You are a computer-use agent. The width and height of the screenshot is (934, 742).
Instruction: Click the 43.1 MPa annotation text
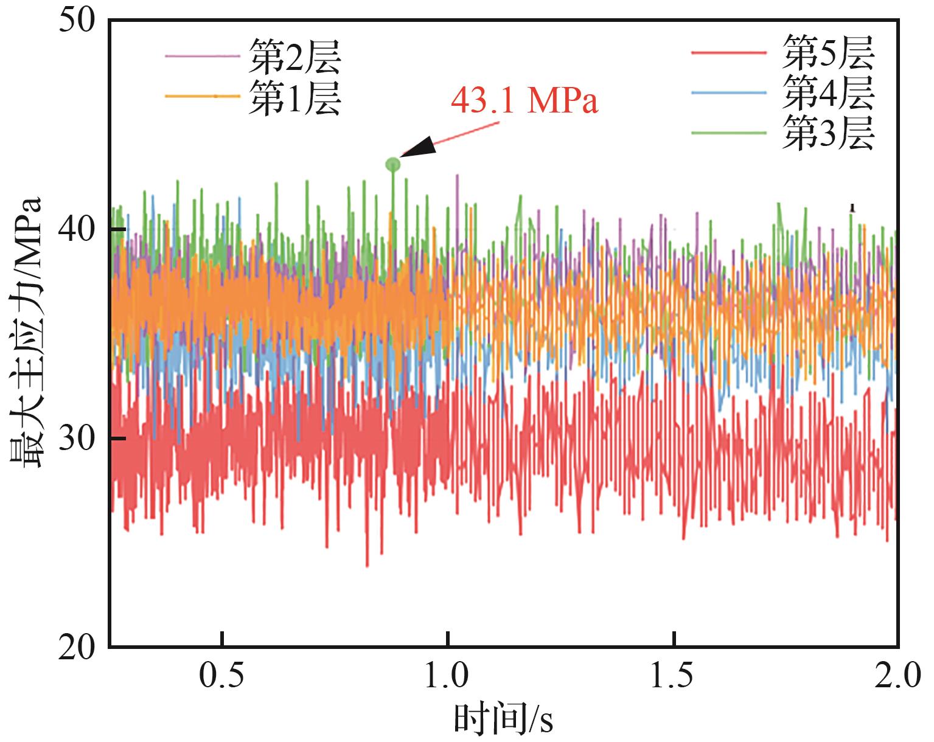click(525, 101)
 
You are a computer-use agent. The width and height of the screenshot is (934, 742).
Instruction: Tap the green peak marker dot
click(393, 164)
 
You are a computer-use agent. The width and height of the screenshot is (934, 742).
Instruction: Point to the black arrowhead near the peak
click(420, 147)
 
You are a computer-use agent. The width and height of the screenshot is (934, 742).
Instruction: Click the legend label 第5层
click(828, 53)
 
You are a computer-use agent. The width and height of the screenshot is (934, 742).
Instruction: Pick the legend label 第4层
click(828, 92)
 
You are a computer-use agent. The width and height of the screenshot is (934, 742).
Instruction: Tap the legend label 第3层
click(828, 133)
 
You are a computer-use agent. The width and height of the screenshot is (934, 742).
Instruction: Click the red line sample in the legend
click(728, 53)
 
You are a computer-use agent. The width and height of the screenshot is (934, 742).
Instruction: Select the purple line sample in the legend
click(202, 56)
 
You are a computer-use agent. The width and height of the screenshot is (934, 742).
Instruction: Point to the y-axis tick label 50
click(77, 21)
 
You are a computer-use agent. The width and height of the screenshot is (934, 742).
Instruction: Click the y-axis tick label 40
click(77, 230)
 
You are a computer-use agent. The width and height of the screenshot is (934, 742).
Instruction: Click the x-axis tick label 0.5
click(223, 676)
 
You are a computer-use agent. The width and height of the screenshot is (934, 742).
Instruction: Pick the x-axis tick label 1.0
click(447, 676)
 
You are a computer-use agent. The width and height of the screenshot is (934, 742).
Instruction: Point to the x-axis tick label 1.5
click(672, 676)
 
